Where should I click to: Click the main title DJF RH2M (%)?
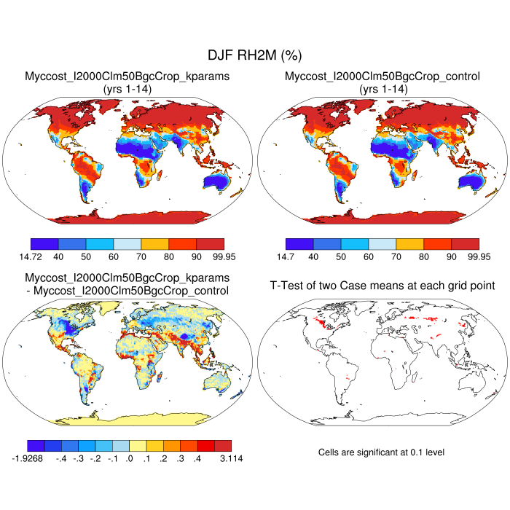(x=254, y=55)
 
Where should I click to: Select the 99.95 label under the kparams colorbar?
(x=210, y=256)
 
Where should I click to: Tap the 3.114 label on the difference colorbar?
(x=230, y=458)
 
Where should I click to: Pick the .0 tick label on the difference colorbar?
(x=129, y=458)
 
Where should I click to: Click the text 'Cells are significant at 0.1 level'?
(x=381, y=452)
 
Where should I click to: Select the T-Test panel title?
(x=382, y=285)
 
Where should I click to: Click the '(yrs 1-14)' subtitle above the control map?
(x=382, y=88)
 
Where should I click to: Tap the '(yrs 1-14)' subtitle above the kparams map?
(x=127, y=88)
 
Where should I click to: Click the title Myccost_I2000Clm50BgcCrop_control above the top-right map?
(x=382, y=76)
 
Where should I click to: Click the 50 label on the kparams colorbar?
(x=86, y=256)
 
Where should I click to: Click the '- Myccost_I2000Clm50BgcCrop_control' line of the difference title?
(x=127, y=291)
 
